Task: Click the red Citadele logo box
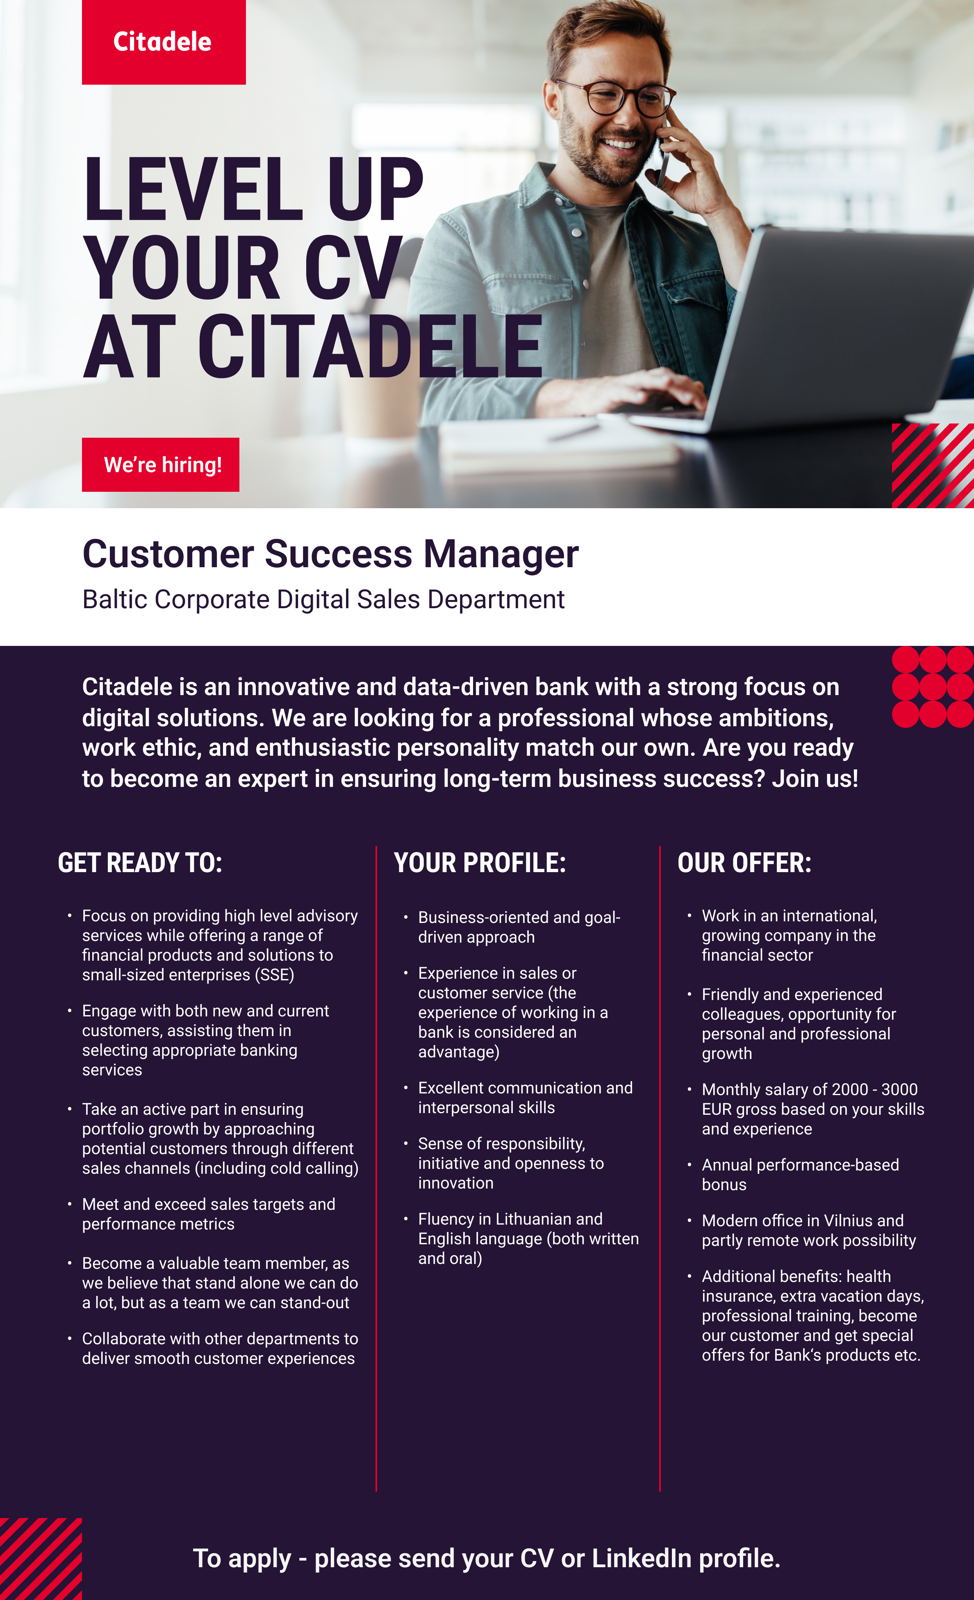(x=164, y=42)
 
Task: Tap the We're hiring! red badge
(x=160, y=464)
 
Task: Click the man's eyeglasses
(x=614, y=99)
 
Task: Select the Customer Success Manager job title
(x=330, y=555)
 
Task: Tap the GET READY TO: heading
(x=140, y=863)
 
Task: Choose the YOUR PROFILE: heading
(x=480, y=863)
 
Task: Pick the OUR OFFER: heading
(x=744, y=863)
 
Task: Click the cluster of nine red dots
(x=933, y=687)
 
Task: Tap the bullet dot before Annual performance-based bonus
(x=689, y=1164)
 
